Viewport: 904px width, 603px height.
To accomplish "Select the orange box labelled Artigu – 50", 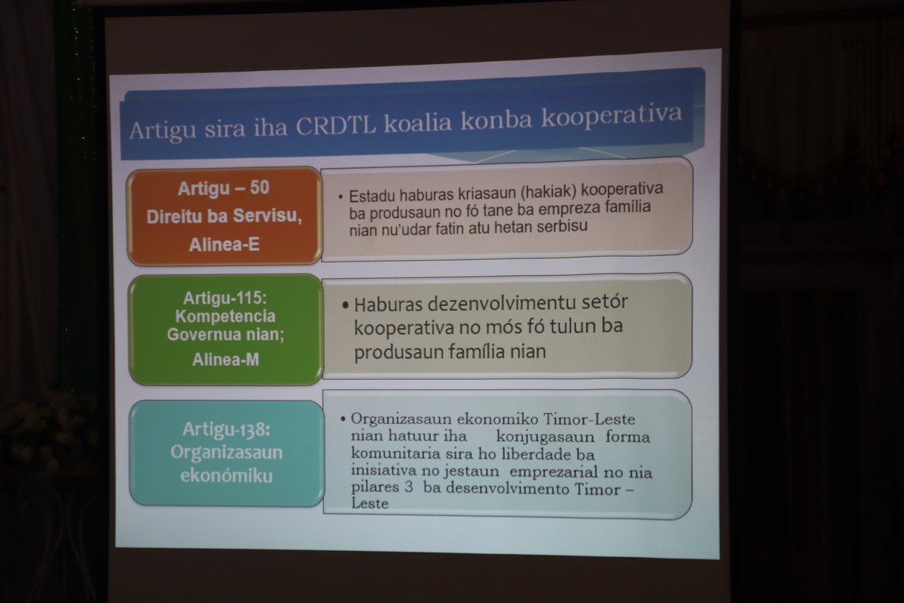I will click(x=224, y=216).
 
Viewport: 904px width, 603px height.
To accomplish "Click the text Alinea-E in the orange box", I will click(x=224, y=244).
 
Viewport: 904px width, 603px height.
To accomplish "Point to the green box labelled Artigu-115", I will click(x=226, y=329).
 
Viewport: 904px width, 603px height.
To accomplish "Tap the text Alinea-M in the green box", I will click(x=225, y=360).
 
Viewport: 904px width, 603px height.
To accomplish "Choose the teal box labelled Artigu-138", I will click(x=227, y=452).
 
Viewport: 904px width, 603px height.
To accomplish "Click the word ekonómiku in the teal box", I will click(x=227, y=476).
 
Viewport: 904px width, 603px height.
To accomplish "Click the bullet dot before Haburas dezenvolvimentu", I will click(x=345, y=305).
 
